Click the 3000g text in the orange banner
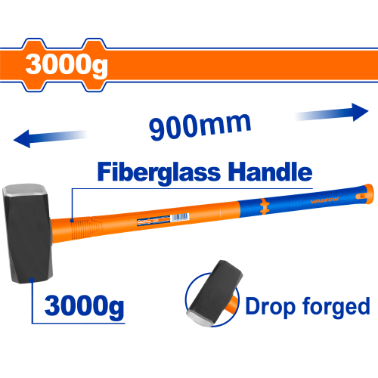pos(67,65)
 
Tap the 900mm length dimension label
pos(200,127)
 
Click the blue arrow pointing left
pos(50,138)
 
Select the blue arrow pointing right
pos(332,113)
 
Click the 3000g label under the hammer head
pos(84,306)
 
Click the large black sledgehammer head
pos(27,233)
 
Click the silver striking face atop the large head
pos(24,190)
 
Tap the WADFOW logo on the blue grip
pos(324,200)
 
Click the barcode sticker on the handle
pos(180,217)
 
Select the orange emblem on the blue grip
pos(265,206)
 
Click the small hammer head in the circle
pos(215,293)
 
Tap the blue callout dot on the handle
pos(72,221)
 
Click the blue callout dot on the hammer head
pos(32,280)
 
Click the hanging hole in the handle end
pos(362,195)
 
